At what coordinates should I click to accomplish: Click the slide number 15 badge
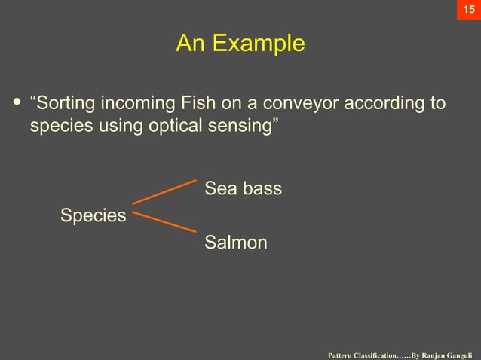tap(468, 11)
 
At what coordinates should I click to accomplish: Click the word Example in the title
tap(258, 44)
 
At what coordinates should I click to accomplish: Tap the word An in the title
tap(191, 44)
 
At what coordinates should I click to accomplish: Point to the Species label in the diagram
tap(93, 216)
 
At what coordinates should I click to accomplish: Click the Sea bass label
tap(243, 188)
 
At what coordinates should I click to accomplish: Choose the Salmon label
tap(235, 243)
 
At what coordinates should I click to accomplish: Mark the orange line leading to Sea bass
tap(164, 192)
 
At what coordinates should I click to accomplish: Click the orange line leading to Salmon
tap(164, 221)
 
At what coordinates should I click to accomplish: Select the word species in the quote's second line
tap(61, 125)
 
